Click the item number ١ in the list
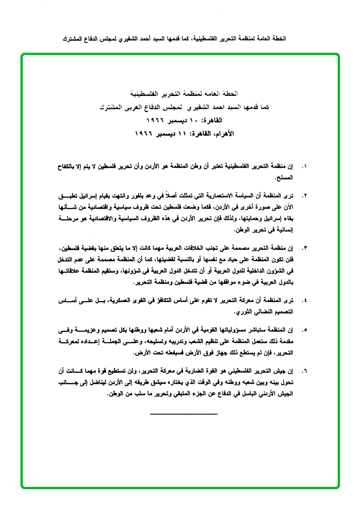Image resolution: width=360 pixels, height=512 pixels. click(304, 167)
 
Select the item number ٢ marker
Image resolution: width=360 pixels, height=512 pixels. click(304, 196)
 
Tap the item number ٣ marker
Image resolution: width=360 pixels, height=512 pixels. click(304, 248)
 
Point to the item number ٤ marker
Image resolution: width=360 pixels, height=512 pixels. click(304, 301)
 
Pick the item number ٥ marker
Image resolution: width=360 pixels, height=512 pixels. click(304, 330)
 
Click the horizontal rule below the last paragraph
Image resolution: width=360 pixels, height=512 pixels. click(183, 415)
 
